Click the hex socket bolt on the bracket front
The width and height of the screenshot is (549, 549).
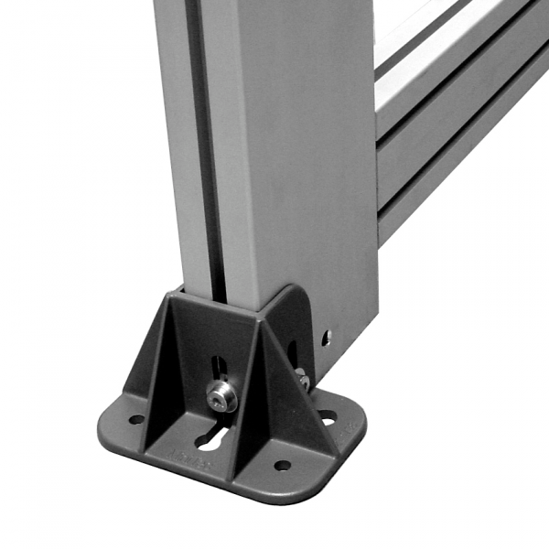220,396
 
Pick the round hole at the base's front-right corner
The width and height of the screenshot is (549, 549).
282,465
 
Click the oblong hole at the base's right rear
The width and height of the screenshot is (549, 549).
327,417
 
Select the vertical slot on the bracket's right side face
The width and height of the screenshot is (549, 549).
293,352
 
